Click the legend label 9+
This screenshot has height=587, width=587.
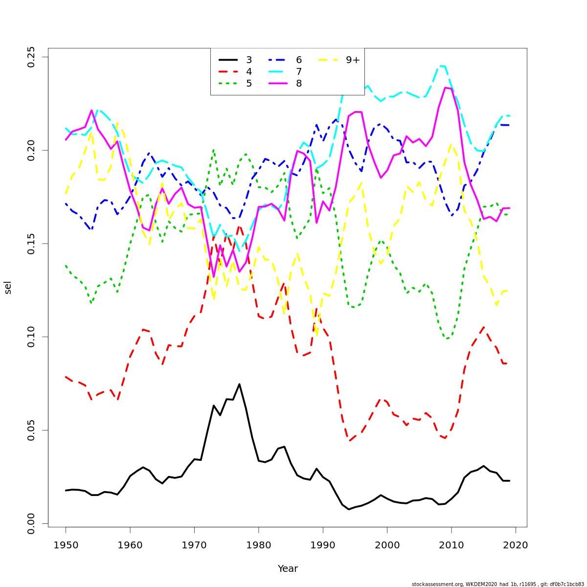pyautogui.click(x=353, y=60)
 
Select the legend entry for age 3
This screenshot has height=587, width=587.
pyautogui.click(x=249, y=60)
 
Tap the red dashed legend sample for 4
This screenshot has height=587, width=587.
pyautogui.click(x=228, y=72)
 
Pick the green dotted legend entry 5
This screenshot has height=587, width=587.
pyautogui.click(x=249, y=84)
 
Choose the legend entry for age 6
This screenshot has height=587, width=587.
pyautogui.click(x=298, y=60)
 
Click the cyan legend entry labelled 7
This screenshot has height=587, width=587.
pyautogui.click(x=298, y=72)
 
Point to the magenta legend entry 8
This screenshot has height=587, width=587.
pyautogui.click(x=298, y=84)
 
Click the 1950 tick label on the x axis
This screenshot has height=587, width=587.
pyautogui.click(x=66, y=545)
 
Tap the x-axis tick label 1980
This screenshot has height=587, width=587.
pyautogui.click(x=259, y=545)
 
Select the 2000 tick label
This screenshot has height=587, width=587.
pyautogui.click(x=387, y=545)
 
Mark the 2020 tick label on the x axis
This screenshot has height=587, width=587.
pyautogui.click(x=516, y=545)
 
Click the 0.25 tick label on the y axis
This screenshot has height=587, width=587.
pyautogui.click(x=31, y=57)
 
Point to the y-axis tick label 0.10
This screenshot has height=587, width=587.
pyautogui.click(x=31, y=337)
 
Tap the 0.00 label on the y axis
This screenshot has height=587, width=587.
pyautogui.click(x=31, y=523)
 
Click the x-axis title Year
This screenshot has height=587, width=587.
pyautogui.click(x=288, y=569)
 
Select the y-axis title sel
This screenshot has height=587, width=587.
pyautogui.click(x=8, y=288)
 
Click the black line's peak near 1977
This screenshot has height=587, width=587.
pyautogui.click(x=239, y=384)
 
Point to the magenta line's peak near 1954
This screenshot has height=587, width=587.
pyautogui.click(x=91, y=111)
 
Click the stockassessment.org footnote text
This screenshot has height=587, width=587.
pyautogui.click(x=497, y=584)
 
